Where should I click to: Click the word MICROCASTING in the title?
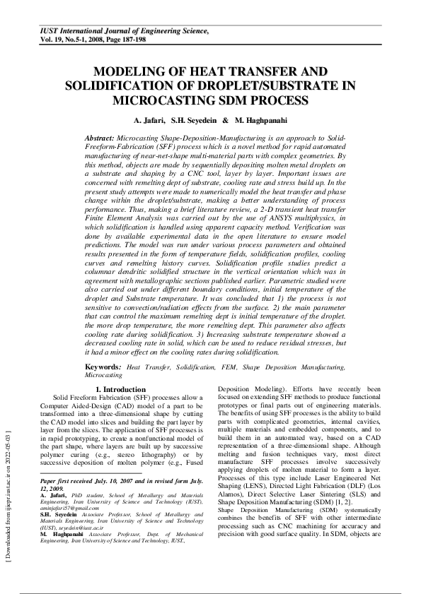pyautogui.click(x=155, y=100)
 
